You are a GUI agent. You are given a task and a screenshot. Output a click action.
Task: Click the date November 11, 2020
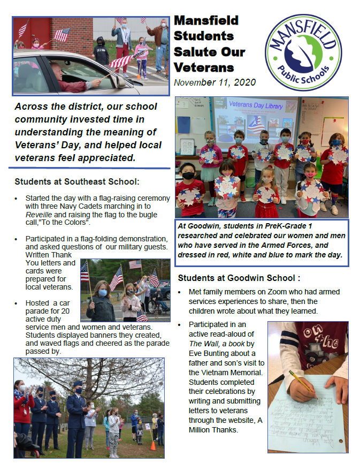[215, 82]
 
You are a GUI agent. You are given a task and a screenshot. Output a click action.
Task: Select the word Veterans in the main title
[204, 67]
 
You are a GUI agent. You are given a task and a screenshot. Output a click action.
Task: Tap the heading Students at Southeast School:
[77, 181]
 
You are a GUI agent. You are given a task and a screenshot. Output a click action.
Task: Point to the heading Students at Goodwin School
[239, 278]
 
